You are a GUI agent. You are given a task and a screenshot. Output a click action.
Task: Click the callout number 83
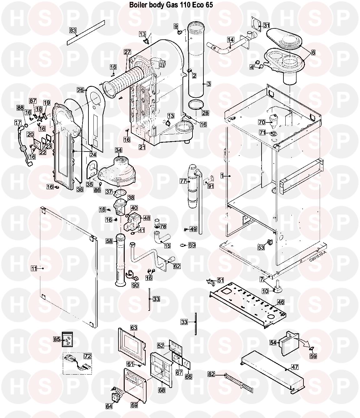(73, 30)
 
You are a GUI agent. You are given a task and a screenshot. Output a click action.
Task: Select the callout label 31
(266, 25)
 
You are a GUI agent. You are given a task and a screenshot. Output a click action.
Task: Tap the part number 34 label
(118, 150)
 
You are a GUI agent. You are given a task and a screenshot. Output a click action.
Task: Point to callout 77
(183, 181)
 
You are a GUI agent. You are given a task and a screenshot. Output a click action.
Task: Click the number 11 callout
(34, 268)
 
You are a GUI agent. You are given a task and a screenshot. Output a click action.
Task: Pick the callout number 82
(211, 374)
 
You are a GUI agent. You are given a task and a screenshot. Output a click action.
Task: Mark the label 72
(88, 356)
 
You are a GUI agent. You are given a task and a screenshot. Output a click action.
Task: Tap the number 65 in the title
(209, 5)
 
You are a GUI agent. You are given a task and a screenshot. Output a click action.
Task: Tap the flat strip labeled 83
(86, 32)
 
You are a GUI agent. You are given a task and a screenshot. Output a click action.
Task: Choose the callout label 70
(262, 122)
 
